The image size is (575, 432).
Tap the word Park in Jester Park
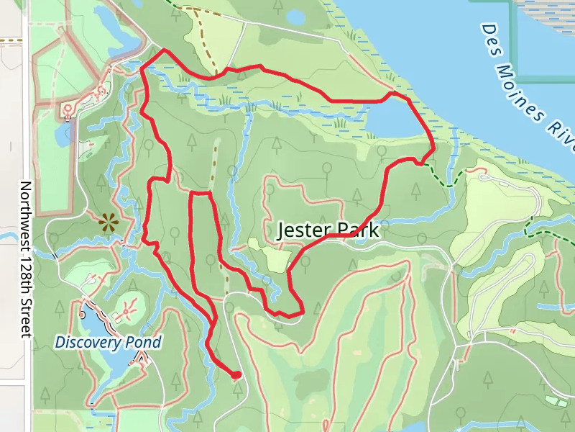pyautogui.click(x=355, y=231)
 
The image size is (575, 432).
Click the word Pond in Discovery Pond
pyautogui.click(x=143, y=342)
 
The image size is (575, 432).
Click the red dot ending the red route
pyautogui.click(x=236, y=374)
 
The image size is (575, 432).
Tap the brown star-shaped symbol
pyautogui.click(x=109, y=223)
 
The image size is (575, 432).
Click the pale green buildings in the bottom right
pyautogui.click(x=555, y=400)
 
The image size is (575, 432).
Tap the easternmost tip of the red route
pyautogui.click(x=434, y=150)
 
